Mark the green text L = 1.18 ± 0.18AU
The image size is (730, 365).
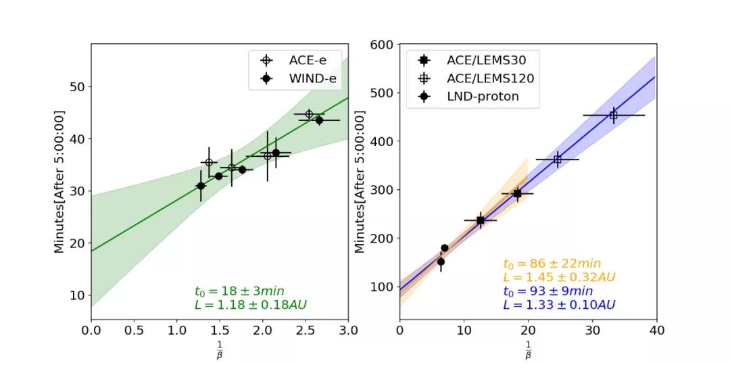(250, 305)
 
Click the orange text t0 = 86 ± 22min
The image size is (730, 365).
(552, 264)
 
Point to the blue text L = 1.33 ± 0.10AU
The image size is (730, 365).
(559, 305)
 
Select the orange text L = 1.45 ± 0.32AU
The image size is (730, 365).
(559, 277)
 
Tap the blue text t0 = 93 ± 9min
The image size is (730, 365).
(547, 291)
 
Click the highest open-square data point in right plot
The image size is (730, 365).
(614, 115)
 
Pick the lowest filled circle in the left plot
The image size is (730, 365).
(201, 186)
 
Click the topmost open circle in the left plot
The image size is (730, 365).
(309, 114)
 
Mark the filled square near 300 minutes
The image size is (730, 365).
(518, 193)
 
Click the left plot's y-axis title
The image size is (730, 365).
(59, 182)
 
